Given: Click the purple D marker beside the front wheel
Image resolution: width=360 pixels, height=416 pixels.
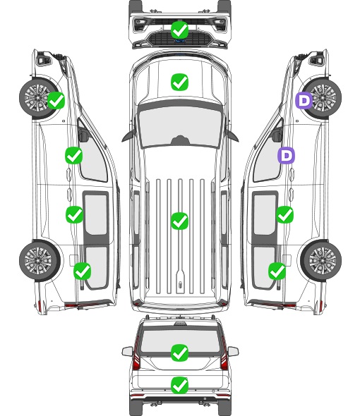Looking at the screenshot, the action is (304, 100).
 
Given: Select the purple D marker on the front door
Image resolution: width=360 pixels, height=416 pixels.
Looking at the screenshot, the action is (286, 155).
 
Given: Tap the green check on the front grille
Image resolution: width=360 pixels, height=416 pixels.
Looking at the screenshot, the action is (179, 30).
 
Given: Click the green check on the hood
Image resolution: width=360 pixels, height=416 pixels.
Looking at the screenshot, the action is (179, 82).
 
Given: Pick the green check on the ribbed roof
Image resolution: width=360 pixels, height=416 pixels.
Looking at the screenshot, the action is (179, 221).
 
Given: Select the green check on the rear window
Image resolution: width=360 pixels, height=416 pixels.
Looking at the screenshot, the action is (179, 353).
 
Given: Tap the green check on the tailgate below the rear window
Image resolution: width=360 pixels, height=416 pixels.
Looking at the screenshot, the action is (179, 385).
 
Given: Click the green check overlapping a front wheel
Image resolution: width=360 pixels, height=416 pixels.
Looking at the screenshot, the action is (56, 100).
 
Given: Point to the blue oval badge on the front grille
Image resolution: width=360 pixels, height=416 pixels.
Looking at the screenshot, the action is (179, 41).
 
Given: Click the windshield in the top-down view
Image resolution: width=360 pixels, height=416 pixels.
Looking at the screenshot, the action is (180, 127).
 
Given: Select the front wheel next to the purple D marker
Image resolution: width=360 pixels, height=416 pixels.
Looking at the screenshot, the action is (322, 99).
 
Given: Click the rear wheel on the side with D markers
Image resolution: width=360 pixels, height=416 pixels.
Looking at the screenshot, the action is (321, 260).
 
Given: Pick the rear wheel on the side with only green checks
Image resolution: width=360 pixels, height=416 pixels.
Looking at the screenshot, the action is (40, 260).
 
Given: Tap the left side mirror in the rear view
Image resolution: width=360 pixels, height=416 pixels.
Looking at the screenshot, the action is (128, 351).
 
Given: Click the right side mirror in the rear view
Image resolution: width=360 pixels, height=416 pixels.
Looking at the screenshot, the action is (233, 351).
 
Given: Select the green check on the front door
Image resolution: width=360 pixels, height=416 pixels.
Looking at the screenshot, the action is (74, 155).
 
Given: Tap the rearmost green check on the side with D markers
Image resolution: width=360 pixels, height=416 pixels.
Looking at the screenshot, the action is (277, 271).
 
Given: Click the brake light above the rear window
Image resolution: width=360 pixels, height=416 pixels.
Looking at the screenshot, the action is (180, 323).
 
